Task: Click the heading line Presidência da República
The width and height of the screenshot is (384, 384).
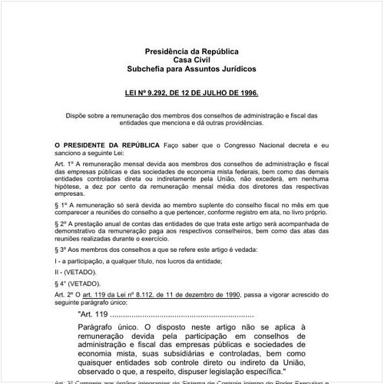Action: [192, 51]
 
